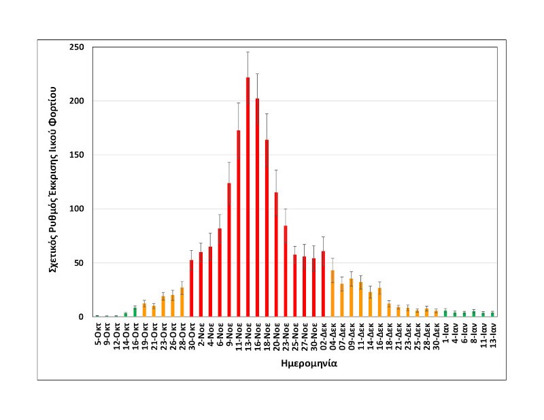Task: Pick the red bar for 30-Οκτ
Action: point(191,288)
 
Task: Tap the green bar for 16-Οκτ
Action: point(135,312)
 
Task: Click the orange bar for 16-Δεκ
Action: point(379,302)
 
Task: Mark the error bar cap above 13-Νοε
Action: point(248,52)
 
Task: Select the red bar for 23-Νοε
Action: point(286,271)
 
